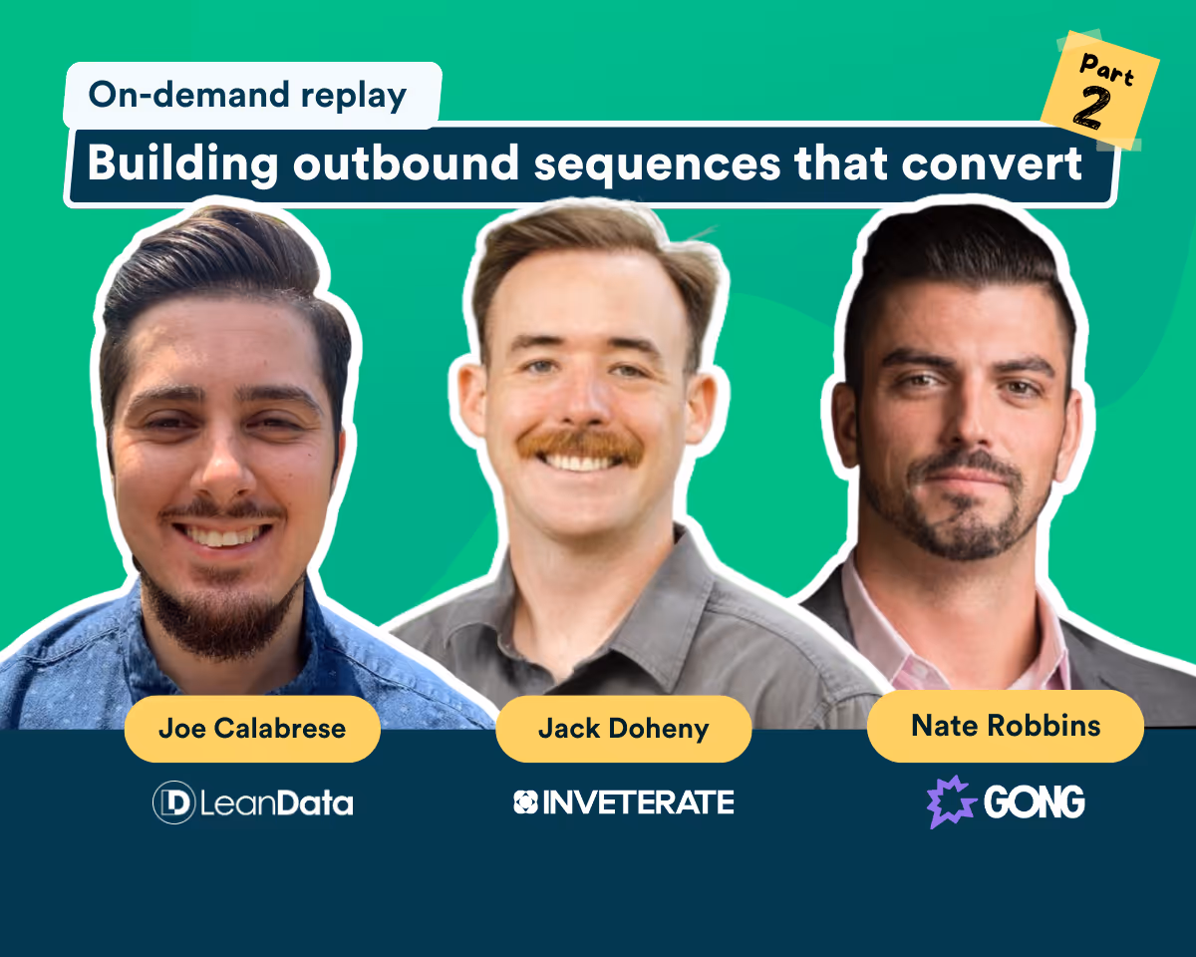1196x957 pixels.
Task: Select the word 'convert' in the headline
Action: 992,163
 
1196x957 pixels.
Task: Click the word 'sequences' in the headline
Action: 657,166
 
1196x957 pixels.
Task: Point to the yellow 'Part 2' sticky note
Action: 1100,90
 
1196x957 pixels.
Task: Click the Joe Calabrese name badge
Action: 252,729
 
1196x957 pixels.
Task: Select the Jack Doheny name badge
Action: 624,729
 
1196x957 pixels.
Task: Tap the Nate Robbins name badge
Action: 1006,726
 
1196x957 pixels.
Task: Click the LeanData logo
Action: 253,802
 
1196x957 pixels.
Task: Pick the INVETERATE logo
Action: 624,802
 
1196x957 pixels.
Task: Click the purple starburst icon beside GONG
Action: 952,801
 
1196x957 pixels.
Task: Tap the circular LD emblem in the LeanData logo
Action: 174,802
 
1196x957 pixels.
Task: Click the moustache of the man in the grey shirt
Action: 581,445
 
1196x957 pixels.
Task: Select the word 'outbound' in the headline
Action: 407,162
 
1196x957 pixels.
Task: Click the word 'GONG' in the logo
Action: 1035,801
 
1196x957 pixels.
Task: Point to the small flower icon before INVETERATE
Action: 525,801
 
